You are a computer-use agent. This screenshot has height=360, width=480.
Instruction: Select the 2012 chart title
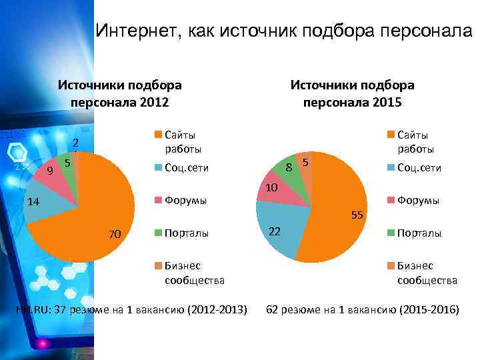[x=120, y=93]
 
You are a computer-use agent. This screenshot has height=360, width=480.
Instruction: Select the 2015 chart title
[x=352, y=93]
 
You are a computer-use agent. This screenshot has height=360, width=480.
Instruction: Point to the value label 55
[x=357, y=215]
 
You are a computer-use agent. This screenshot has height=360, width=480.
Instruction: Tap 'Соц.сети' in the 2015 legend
[x=419, y=168]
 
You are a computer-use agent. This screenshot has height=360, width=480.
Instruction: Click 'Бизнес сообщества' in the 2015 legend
[x=427, y=273]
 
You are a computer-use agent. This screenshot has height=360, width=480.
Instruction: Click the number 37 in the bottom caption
[x=62, y=311]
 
